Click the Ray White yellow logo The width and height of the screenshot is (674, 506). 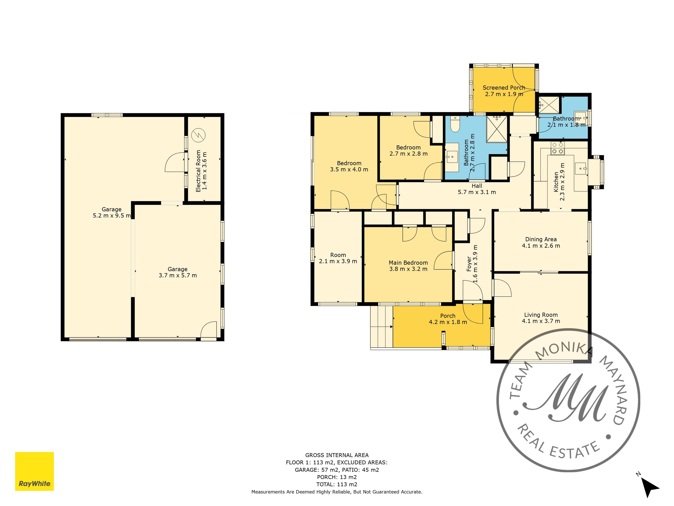point(34,471)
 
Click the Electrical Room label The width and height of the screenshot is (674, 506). point(198,171)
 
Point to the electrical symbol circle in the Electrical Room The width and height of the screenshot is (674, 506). point(198,135)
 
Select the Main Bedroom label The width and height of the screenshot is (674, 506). point(408,263)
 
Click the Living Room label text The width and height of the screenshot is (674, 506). point(541,315)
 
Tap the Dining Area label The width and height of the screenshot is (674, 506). point(541,239)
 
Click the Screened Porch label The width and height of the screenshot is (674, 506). point(504,88)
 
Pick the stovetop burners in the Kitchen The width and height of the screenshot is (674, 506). point(557,148)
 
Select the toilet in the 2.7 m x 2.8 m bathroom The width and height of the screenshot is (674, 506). point(455,124)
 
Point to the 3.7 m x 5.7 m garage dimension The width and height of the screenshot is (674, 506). point(178,276)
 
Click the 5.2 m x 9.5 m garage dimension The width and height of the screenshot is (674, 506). point(112,216)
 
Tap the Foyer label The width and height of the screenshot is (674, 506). point(469,264)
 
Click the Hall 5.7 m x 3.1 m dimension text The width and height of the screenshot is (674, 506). point(477,192)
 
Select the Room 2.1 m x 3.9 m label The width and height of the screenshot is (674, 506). point(338,258)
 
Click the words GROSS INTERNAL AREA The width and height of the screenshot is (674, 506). point(337,455)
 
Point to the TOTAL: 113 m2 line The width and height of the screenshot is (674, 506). point(337,484)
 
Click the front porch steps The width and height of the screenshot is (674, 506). point(381,327)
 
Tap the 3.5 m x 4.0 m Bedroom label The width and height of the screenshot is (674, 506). point(349,166)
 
